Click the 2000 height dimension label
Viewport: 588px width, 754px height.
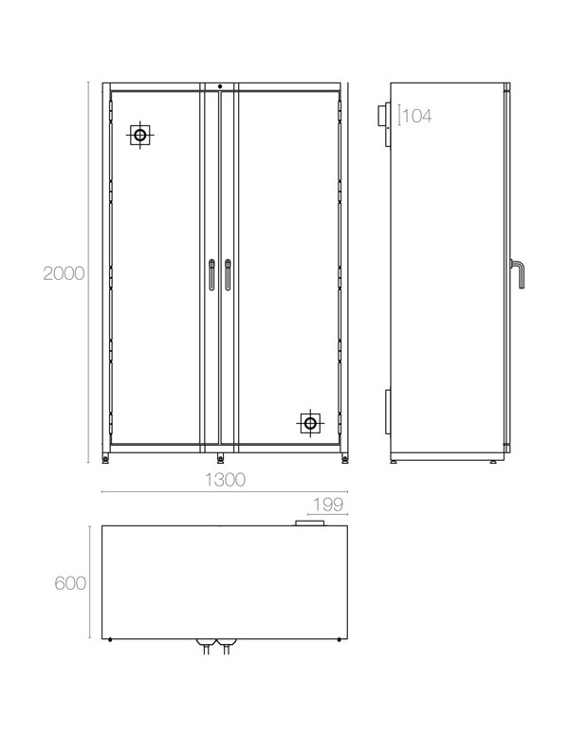pos(64,273)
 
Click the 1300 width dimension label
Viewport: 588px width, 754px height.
pos(225,479)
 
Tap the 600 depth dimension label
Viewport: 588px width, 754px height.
pos(70,583)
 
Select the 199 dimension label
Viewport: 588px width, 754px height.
pos(328,505)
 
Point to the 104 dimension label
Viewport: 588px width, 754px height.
pos(417,116)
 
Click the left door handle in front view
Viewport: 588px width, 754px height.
pos(211,275)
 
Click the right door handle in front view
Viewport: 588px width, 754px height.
pos(228,275)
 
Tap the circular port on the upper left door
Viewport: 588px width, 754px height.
pos(140,135)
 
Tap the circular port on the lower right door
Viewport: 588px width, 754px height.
pos(310,424)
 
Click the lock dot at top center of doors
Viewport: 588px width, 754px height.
pos(220,86)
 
